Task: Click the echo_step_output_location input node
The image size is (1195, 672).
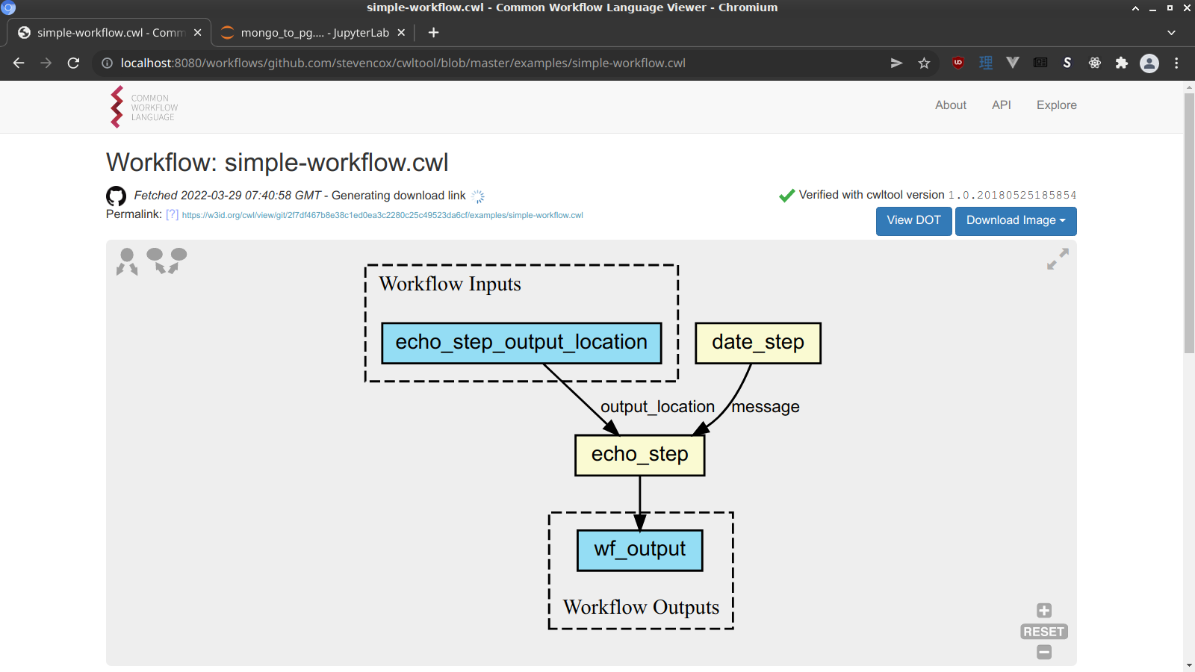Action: coord(521,343)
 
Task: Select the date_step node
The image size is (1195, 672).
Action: coord(757,343)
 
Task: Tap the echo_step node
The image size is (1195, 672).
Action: coord(639,455)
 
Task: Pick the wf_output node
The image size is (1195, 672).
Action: coord(639,550)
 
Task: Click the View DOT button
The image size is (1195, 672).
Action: coord(913,220)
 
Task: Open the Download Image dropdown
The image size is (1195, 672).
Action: coord(1015,220)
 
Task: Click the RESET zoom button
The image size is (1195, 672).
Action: coord(1043,632)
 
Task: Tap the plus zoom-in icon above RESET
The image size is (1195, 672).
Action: coord(1044,611)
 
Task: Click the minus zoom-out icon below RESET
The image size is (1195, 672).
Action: coord(1044,653)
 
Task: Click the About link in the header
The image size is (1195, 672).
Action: coord(950,105)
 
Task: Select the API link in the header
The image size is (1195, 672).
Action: coord(1001,105)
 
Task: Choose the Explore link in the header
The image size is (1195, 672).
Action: coord(1056,105)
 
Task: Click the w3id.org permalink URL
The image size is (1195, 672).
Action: coord(382,215)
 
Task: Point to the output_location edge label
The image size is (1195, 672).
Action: coord(657,407)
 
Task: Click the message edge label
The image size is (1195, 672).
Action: coord(766,407)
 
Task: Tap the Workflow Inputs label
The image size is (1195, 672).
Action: coord(450,284)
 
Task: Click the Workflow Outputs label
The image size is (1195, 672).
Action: coord(641,607)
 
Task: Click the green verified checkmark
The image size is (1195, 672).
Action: coord(786,196)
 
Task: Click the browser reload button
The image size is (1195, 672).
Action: coord(73,63)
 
